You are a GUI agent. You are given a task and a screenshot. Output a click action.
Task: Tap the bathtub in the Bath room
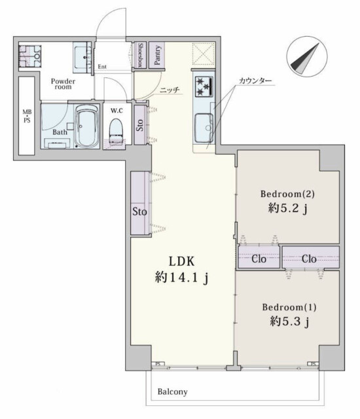pyautogui.click(x=87, y=126)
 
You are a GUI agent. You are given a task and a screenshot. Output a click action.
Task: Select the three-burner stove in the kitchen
pyautogui.click(x=204, y=86)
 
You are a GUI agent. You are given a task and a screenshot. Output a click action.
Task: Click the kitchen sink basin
pyautogui.click(x=204, y=128)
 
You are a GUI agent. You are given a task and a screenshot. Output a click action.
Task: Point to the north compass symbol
pyautogui.click(x=307, y=56)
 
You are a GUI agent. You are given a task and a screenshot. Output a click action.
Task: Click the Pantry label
pyautogui.click(x=157, y=55)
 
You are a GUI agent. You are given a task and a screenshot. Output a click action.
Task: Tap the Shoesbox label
pyautogui.click(x=140, y=55)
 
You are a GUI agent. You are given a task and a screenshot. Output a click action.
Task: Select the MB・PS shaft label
pyautogui.click(x=27, y=117)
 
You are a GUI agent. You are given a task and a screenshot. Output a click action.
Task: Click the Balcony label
pyautogui.click(x=173, y=392)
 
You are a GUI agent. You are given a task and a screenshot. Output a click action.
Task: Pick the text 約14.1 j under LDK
pyautogui.click(x=181, y=278)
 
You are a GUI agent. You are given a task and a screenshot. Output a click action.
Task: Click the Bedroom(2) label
pyautogui.click(x=287, y=194)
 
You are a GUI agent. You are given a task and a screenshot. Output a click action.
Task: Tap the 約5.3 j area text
pyautogui.click(x=289, y=321)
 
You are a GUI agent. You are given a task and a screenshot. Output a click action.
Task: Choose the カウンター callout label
pyautogui.click(x=255, y=81)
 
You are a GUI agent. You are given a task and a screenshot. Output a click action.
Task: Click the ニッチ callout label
pyautogui.click(x=170, y=90)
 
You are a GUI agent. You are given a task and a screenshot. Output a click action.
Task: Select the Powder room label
pyautogui.click(x=63, y=84)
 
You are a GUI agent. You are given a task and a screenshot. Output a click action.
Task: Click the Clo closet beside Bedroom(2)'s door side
pyautogui.click(x=259, y=258)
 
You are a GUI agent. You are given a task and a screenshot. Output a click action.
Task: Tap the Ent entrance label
pyautogui.click(x=102, y=67)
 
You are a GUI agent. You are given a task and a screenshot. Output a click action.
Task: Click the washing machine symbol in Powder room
pyautogui.click(x=30, y=56)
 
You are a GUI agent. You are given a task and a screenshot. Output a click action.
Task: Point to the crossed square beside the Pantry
pyautogui.click(x=203, y=54)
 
